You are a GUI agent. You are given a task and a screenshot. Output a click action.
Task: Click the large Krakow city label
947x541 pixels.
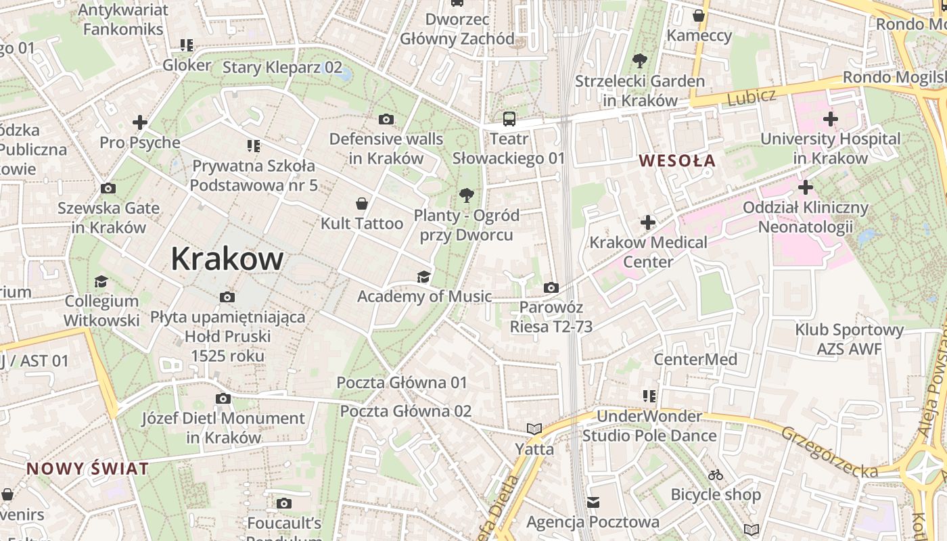click(x=227, y=258)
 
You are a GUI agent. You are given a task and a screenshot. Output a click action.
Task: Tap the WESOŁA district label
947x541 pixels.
click(x=677, y=161)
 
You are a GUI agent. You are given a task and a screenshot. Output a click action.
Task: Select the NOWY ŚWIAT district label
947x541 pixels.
click(x=87, y=469)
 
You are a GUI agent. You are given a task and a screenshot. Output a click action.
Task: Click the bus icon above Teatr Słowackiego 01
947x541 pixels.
click(x=509, y=120)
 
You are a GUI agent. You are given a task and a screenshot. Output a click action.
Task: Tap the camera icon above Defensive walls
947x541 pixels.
click(x=386, y=120)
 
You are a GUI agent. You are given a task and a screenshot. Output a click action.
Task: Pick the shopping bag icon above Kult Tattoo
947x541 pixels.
click(x=363, y=203)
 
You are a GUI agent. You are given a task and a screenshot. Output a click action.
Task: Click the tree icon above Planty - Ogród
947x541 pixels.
click(x=466, y=196)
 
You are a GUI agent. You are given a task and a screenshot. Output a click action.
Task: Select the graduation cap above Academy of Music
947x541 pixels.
click(x=423, y=277)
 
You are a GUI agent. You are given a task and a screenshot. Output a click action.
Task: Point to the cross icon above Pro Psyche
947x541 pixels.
click(x=140, y=122)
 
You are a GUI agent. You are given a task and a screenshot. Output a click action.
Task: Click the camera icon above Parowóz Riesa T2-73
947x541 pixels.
click(x=551, y=288)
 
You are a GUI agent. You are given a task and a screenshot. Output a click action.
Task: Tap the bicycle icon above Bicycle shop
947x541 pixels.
click(x=716, y=475)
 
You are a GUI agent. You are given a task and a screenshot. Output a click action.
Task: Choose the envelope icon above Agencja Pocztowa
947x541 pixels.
click(x=593, y=502)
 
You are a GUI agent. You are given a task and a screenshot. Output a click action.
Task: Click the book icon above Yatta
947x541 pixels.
click(x=534, y=429)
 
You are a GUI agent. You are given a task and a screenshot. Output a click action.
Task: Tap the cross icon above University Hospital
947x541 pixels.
click(x=831, y=120)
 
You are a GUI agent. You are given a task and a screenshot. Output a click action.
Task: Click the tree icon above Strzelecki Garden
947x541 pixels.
click(x=639, y=62)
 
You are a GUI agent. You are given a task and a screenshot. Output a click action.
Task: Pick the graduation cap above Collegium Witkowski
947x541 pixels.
click(x=101, y=281)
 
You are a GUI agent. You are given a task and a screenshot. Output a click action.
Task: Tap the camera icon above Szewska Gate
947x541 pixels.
click(x=108, y=189)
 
